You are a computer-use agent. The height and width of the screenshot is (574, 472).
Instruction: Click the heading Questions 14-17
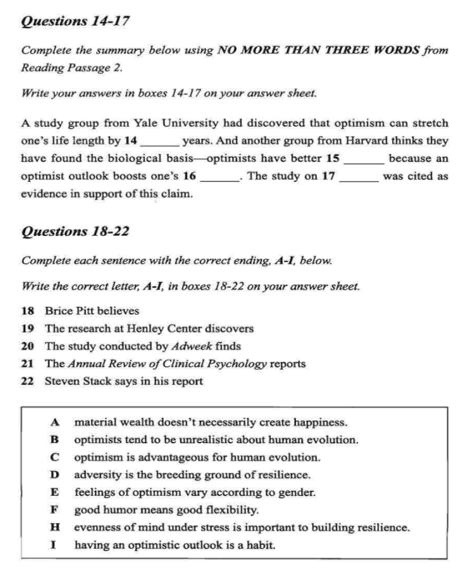pyautogui.click(x=75, y=21)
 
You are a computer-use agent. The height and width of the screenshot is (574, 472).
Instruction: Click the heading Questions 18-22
pyautogui.click(x=76, y=230)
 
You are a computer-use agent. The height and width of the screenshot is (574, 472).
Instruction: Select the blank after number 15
pyautogui.click(x=365, y=158)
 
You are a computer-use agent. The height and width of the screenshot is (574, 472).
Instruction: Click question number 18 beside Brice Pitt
pyautogui.click(x=27, y=310)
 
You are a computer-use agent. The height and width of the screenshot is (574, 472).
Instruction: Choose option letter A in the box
pyautogui.click(x=56, y=422)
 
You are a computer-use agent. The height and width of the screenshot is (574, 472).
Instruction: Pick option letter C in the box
pyautogui.click(x=56, y=457)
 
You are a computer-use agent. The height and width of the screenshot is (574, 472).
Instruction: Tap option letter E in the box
pyautogui.click(x=56, y=492)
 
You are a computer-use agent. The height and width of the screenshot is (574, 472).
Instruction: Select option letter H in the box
pyautogui.click(x=56, y=527)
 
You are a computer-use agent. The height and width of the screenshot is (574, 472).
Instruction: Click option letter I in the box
pyautogui.click(x=56, y=545)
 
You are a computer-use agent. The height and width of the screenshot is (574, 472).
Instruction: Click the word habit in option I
pyautogui.click(x=260, y=545)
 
